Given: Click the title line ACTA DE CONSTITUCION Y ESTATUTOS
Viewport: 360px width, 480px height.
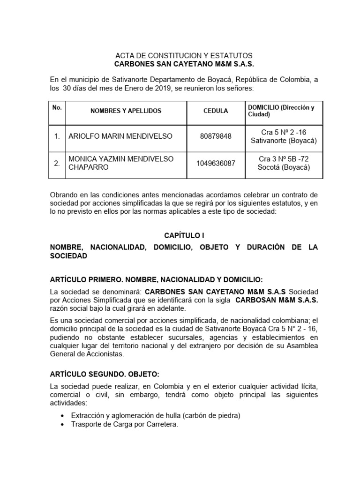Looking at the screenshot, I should tap(184, 55).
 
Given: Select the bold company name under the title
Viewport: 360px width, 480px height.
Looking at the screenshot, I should tap(184, 64).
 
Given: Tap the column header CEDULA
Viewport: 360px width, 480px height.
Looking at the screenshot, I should tap(216, 111).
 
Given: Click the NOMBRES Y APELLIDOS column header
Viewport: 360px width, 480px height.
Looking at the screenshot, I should tap(126, 111).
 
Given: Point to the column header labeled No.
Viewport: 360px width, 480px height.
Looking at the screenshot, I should tap(57, 107).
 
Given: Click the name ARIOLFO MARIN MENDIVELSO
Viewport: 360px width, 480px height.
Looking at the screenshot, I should tap(120, 136).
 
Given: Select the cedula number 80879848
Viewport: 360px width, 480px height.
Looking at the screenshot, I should tap(216, 136).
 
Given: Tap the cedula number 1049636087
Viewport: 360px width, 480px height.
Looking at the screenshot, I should tap(216, 163).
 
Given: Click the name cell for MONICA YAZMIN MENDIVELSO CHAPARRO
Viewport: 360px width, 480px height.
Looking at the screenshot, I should tap(121, 163).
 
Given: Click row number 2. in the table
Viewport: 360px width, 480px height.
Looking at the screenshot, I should tap(57, 163).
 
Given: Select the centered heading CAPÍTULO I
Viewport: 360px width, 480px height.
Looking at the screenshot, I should tap(184, 235).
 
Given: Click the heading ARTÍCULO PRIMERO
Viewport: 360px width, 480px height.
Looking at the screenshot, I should tap(157, 279).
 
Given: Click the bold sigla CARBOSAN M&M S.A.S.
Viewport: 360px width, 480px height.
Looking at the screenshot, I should tap(277, 300).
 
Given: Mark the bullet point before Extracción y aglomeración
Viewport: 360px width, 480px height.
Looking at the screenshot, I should tap(63, 416).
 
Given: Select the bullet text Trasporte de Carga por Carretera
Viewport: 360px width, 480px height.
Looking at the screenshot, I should tap(124, 425).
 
